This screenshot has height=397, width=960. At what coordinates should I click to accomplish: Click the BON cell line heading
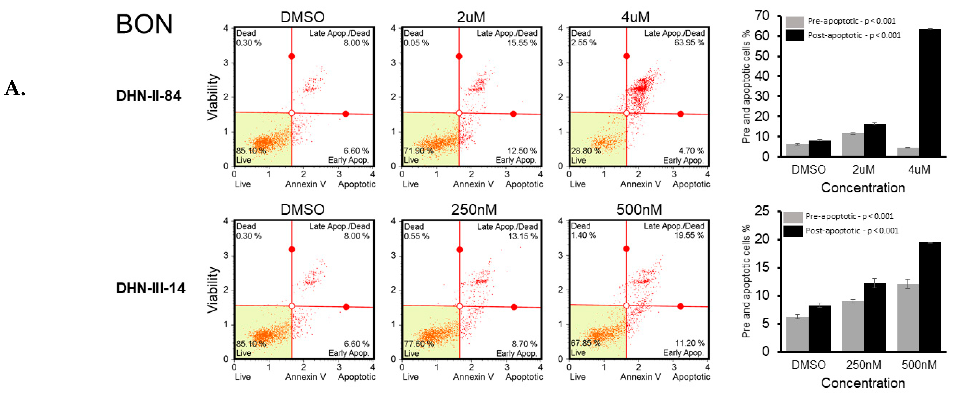pos(144,24)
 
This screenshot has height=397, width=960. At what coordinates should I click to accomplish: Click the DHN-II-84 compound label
pos(148,96)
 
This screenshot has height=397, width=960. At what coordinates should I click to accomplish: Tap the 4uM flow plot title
pos(635,17)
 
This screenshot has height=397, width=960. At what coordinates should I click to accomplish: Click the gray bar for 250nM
pos(852,326)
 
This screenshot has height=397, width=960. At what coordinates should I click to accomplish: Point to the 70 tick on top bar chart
pos(762,16)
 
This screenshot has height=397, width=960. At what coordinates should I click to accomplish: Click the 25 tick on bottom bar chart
pos(762,211)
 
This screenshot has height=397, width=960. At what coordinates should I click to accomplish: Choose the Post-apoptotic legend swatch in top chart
pos(794,35)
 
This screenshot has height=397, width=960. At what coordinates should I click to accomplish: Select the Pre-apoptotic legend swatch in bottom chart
pos(793,217)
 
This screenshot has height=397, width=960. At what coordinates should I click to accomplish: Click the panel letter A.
pos(15,89)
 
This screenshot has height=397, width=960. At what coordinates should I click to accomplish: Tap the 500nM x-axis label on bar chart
pos(919,365)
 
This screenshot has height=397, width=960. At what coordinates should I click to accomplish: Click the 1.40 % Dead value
pos(583,235)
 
